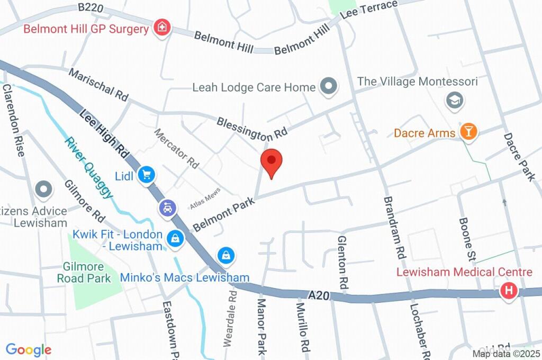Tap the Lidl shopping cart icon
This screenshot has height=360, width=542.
[146, 175]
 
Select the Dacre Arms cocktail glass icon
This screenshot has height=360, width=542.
[468, 132]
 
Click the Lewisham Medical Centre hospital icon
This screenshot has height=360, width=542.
[509, 291]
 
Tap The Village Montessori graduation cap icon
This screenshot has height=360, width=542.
[454, 100]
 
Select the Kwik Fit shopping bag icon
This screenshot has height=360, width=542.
[175, 239]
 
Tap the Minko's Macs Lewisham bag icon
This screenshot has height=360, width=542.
[226, 256]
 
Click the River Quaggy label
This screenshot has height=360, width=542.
[89, 167]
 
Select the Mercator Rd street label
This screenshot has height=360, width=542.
[176, 149]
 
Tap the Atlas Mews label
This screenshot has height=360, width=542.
[205, 198]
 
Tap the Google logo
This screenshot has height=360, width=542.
[28, 349]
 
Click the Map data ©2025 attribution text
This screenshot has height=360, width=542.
[505, 354]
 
